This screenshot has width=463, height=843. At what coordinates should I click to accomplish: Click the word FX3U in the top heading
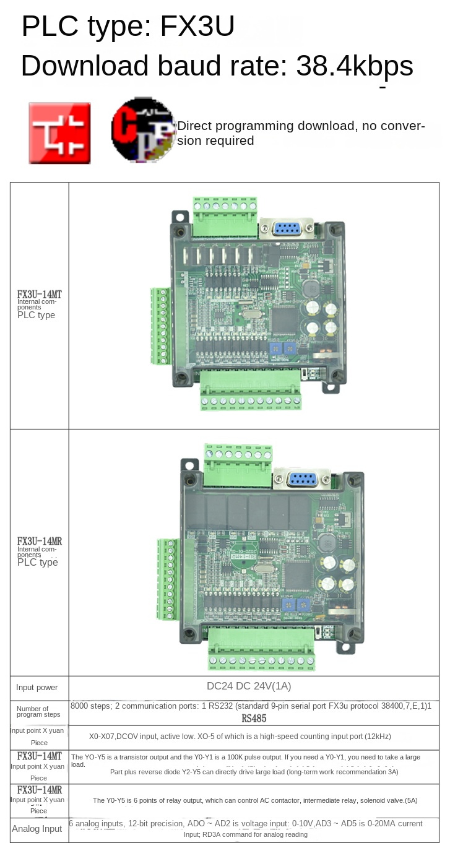point(197,27)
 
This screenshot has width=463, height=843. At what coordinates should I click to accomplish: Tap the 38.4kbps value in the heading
point(355,66)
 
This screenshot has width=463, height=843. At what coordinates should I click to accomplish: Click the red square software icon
point(59,133)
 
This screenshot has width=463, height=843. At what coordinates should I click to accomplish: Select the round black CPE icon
point(142,129)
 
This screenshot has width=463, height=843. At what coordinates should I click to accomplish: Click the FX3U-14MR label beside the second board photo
point(40,541)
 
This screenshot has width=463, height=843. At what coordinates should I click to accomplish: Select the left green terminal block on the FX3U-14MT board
point(161,326)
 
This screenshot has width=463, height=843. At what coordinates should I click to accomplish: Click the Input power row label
point(37,687)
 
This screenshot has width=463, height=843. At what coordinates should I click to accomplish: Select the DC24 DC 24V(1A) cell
point(249,686)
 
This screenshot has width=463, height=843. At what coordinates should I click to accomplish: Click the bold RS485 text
point(254,719)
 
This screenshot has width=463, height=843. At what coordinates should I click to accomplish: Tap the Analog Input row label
point(37,829)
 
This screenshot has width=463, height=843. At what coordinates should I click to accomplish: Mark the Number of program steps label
point(38,712)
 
